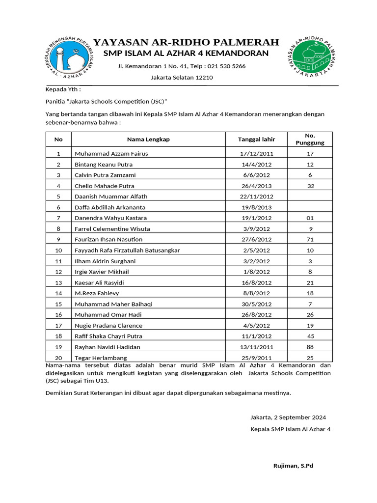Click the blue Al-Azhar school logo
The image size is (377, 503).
coord(69,58)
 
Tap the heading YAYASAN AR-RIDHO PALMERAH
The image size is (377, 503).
coord(186,42)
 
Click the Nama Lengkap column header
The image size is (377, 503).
coord(148,140)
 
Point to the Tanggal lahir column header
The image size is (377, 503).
coord(256,140)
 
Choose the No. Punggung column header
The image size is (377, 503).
coord(310,139)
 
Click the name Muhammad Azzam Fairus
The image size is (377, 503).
coord(111,154)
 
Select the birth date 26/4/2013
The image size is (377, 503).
coord(256,186)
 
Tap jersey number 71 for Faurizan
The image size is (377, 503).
coord(310,239)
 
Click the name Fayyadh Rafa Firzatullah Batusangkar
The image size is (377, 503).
coord(127,250)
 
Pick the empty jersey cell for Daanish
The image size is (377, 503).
coord(310,196)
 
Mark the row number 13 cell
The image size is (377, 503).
coord(58,282)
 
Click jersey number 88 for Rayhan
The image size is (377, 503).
coord(310,347)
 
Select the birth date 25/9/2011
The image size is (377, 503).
coord(256,358)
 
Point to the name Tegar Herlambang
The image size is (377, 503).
coord(101,358)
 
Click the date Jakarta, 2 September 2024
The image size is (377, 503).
coord(288,418)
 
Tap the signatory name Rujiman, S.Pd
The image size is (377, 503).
coord(293,466)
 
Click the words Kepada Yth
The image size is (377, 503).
coord(63,90)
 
